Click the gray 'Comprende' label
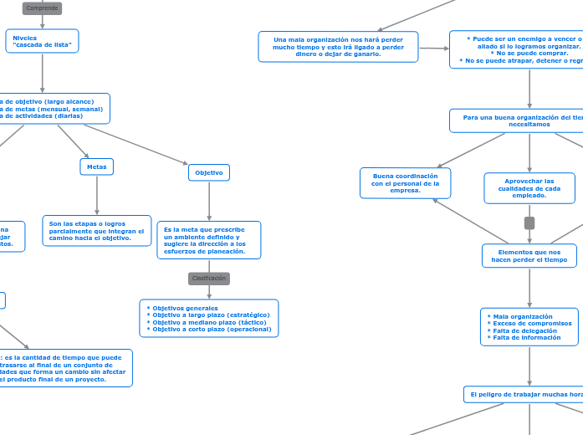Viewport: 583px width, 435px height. coord(42,8)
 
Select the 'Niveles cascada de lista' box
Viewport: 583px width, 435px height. coord(43,41)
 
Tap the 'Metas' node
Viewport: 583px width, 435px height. coord(97,167)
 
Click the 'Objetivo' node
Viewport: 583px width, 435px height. coord(209,172)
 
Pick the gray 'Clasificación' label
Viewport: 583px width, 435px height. coord(209,279)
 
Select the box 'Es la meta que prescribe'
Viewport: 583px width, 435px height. coord(209,240)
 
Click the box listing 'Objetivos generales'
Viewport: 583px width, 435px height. coord(209,319)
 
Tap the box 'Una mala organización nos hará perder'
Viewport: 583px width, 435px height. coord(339,47)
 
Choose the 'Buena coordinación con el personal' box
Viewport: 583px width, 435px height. coord(406,183)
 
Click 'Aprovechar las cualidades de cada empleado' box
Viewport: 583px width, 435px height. coord(529,188)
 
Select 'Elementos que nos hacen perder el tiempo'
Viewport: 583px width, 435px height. coord(529,256)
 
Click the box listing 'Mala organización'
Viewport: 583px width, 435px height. coord(529,327)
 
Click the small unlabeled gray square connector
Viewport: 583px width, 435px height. coord(529,223)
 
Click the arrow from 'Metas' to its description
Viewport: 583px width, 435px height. coord(97,196)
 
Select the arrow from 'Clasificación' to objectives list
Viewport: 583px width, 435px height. coord(209,292)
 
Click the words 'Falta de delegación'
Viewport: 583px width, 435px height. coord(523,330)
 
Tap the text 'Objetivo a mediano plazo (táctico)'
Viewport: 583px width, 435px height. coord(211,322)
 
